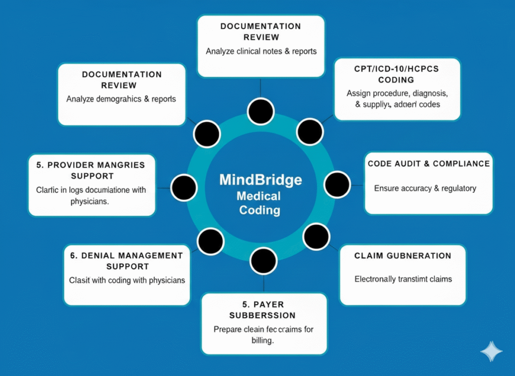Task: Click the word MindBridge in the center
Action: [x=260, y=180]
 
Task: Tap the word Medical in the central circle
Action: [x=260, y=196]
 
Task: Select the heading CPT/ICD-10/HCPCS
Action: [x=397, y=68]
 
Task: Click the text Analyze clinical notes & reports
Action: [x=261, y=51]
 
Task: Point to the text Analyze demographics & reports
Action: [x=121, y=99]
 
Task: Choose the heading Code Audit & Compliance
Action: [x=428, y=164]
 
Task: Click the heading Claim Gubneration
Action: [x=402, y=256]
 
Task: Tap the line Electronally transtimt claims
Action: [x=403, y=279]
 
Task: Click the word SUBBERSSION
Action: [x=262, y=316]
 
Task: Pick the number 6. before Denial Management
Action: [x=74, y=256]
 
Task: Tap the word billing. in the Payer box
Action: [x=263, y=340]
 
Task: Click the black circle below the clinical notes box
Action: [x=261, y=111]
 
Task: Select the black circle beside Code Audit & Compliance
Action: [x=337, y=184]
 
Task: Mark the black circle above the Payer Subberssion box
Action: [x=264, y=261]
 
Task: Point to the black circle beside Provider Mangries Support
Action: [x=184, y=187]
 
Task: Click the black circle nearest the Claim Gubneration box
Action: [x=317, y=237]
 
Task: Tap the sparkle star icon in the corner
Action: [x=491, y=352]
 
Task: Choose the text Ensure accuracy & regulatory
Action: [x=425, y=188]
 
